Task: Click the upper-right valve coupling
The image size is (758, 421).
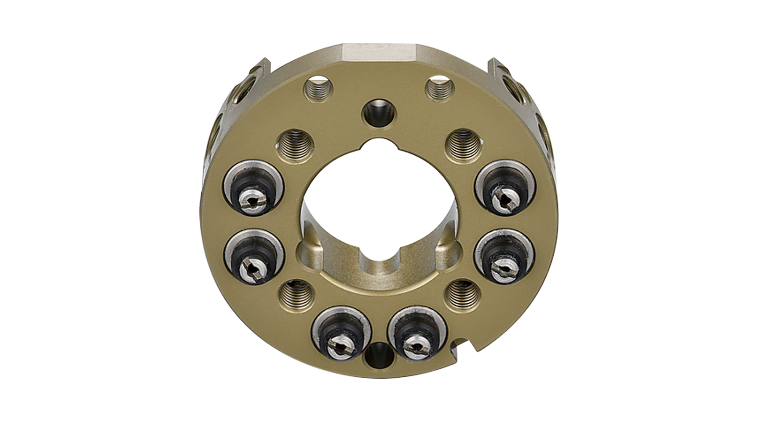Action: [505, 188]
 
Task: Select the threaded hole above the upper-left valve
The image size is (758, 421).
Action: [296, 146]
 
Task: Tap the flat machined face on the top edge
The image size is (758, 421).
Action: [379, 52]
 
